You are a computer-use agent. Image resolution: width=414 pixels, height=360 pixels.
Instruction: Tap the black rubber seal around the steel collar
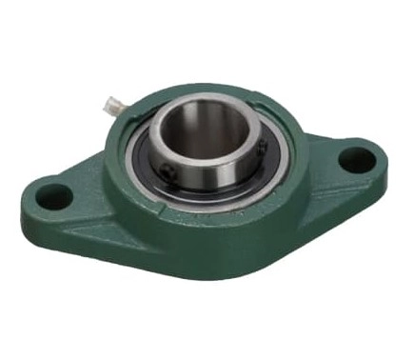(152, 162)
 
